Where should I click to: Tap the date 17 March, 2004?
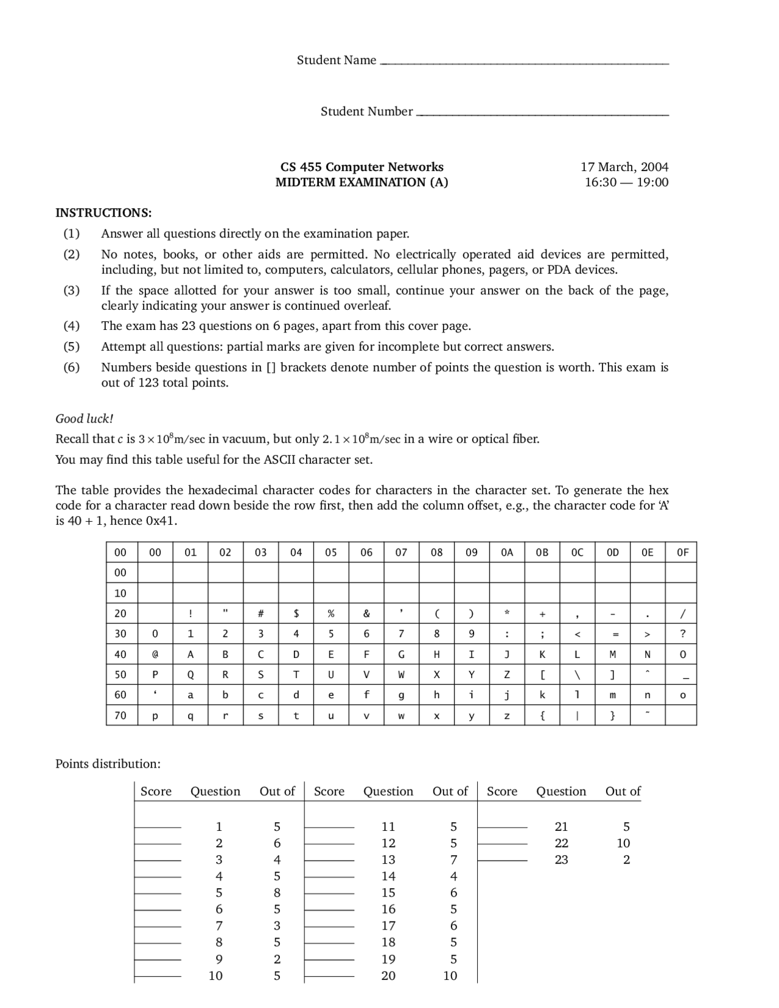(624, 167)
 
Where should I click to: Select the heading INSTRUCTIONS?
(103, 212)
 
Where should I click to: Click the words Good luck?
(84, 418)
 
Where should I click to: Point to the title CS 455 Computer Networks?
(362, 167)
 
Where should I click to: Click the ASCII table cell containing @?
(155, 654)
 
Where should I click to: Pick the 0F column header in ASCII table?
(682, 552)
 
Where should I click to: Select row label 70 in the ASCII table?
(121, 715)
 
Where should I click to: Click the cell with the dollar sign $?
(296, 614)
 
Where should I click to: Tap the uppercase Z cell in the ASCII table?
(506, 674)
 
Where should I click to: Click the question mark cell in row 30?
(682, 634)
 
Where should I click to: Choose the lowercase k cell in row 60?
(542, 695)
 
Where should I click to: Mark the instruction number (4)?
(71, 326)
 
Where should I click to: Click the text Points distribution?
(108, 763)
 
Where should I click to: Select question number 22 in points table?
(561, 843)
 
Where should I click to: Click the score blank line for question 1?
(158, 827)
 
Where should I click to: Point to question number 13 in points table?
(388, 859)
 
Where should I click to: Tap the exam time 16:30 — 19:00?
(626, 182)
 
